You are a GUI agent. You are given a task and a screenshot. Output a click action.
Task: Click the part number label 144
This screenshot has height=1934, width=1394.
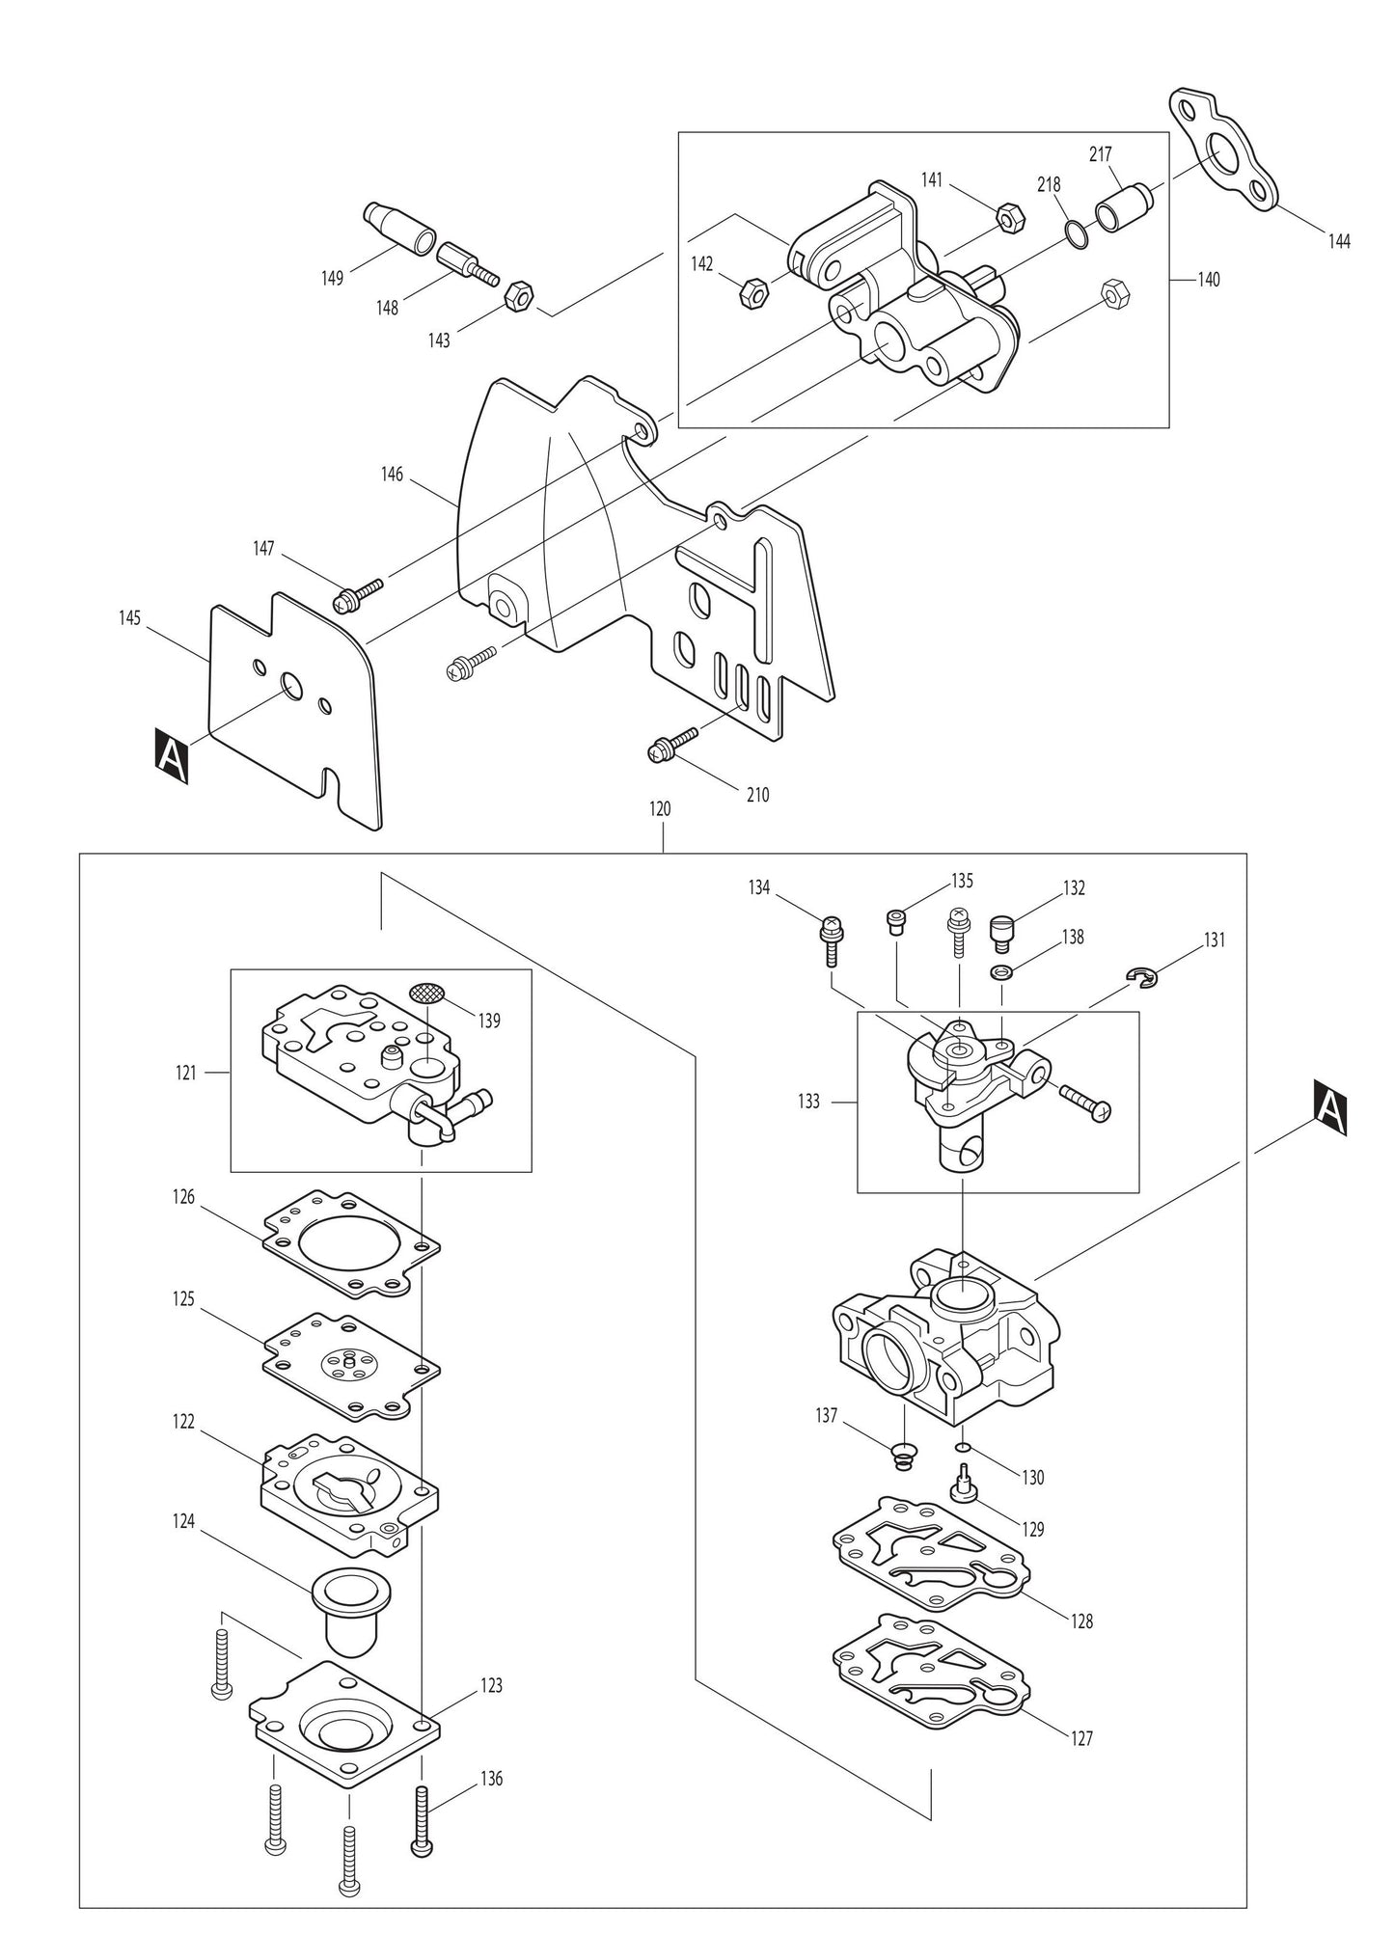(1338, 242)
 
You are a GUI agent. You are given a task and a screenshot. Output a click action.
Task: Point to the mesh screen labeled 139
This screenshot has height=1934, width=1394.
(429, 993)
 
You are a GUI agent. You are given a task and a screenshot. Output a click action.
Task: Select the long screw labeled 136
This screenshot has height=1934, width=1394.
(423, 1816)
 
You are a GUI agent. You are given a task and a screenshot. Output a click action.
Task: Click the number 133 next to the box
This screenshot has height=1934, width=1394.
(808, 1101)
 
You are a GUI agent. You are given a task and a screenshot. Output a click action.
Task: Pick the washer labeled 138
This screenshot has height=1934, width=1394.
(1001, 969)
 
